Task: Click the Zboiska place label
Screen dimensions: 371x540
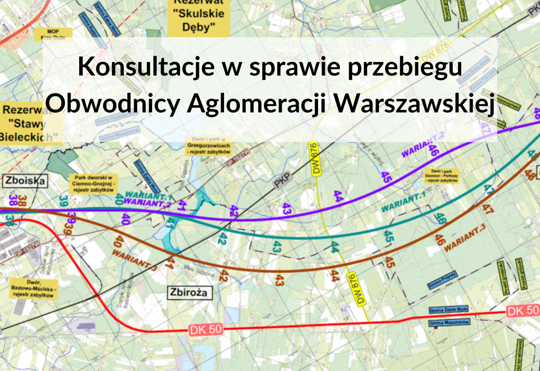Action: pos(26,181)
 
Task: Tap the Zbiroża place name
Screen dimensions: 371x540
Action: pos(189,293)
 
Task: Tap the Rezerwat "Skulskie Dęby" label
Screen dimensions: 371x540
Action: pos(198,18)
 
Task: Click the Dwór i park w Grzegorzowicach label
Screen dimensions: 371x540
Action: pos(208,146)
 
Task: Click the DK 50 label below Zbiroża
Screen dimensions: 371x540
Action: pos(205,329)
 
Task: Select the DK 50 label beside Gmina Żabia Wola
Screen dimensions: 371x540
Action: pos(522,310)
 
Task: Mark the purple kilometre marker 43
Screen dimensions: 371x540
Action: pos(287,208)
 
